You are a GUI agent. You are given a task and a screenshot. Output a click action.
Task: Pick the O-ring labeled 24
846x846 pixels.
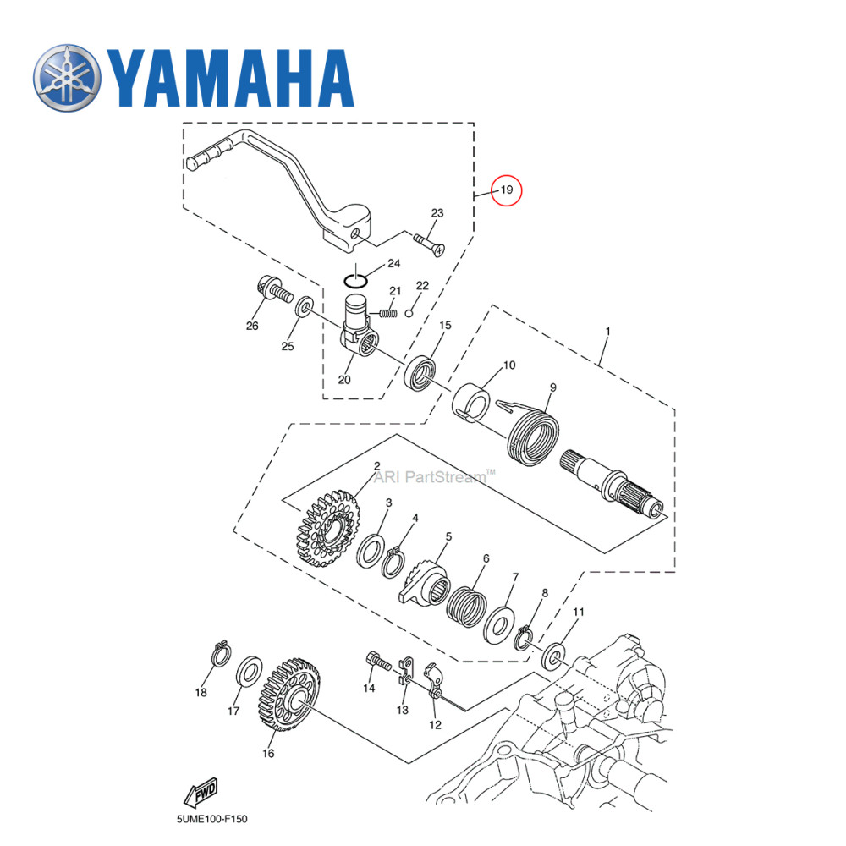(x=355, y=278)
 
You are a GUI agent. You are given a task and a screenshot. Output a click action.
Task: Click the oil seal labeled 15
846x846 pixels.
(x=420, y=373)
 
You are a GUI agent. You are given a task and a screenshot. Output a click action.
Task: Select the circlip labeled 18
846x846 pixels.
(x=220, y=655)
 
